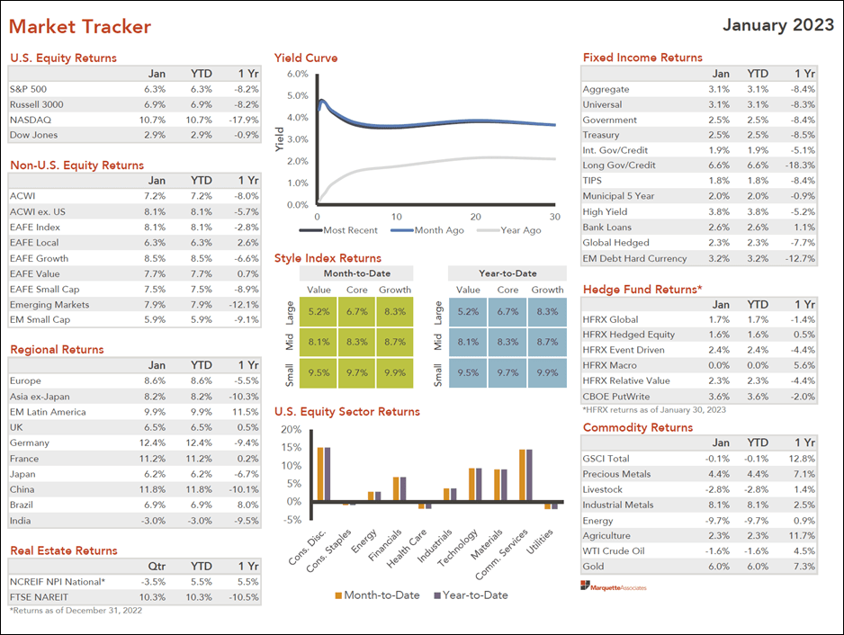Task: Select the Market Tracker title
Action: (80, 27)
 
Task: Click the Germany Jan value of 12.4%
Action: (152, 443)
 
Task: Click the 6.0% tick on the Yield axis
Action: (297, 73)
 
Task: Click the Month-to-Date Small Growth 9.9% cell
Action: (394, 371)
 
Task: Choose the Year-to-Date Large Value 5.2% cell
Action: (468, 312)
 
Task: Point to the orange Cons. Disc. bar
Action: (319, 473)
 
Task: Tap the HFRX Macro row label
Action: (611, 365)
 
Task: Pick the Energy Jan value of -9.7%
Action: (717, 521)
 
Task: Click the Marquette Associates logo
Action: (614, 586)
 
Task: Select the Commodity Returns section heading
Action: (638, 427)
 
